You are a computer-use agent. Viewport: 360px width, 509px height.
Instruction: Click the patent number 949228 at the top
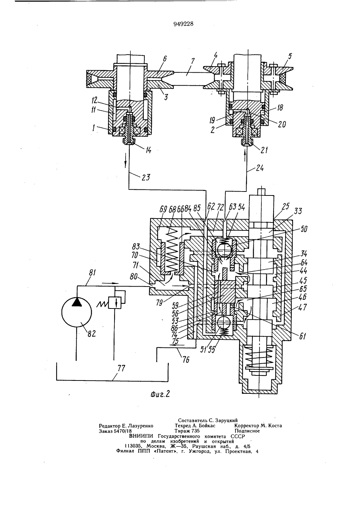183,24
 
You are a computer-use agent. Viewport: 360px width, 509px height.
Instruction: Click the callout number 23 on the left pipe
146,177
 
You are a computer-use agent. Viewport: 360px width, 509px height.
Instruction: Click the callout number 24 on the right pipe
260,168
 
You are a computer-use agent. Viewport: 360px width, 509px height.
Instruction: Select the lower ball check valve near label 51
224,322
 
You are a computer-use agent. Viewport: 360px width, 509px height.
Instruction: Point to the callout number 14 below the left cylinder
148,150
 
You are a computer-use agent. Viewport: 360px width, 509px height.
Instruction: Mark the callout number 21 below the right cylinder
264,150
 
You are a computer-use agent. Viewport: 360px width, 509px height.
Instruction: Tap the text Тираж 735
187,431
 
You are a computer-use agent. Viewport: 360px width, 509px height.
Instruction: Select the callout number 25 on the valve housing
285,206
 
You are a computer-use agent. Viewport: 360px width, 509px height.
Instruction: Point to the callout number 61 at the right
302,335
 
